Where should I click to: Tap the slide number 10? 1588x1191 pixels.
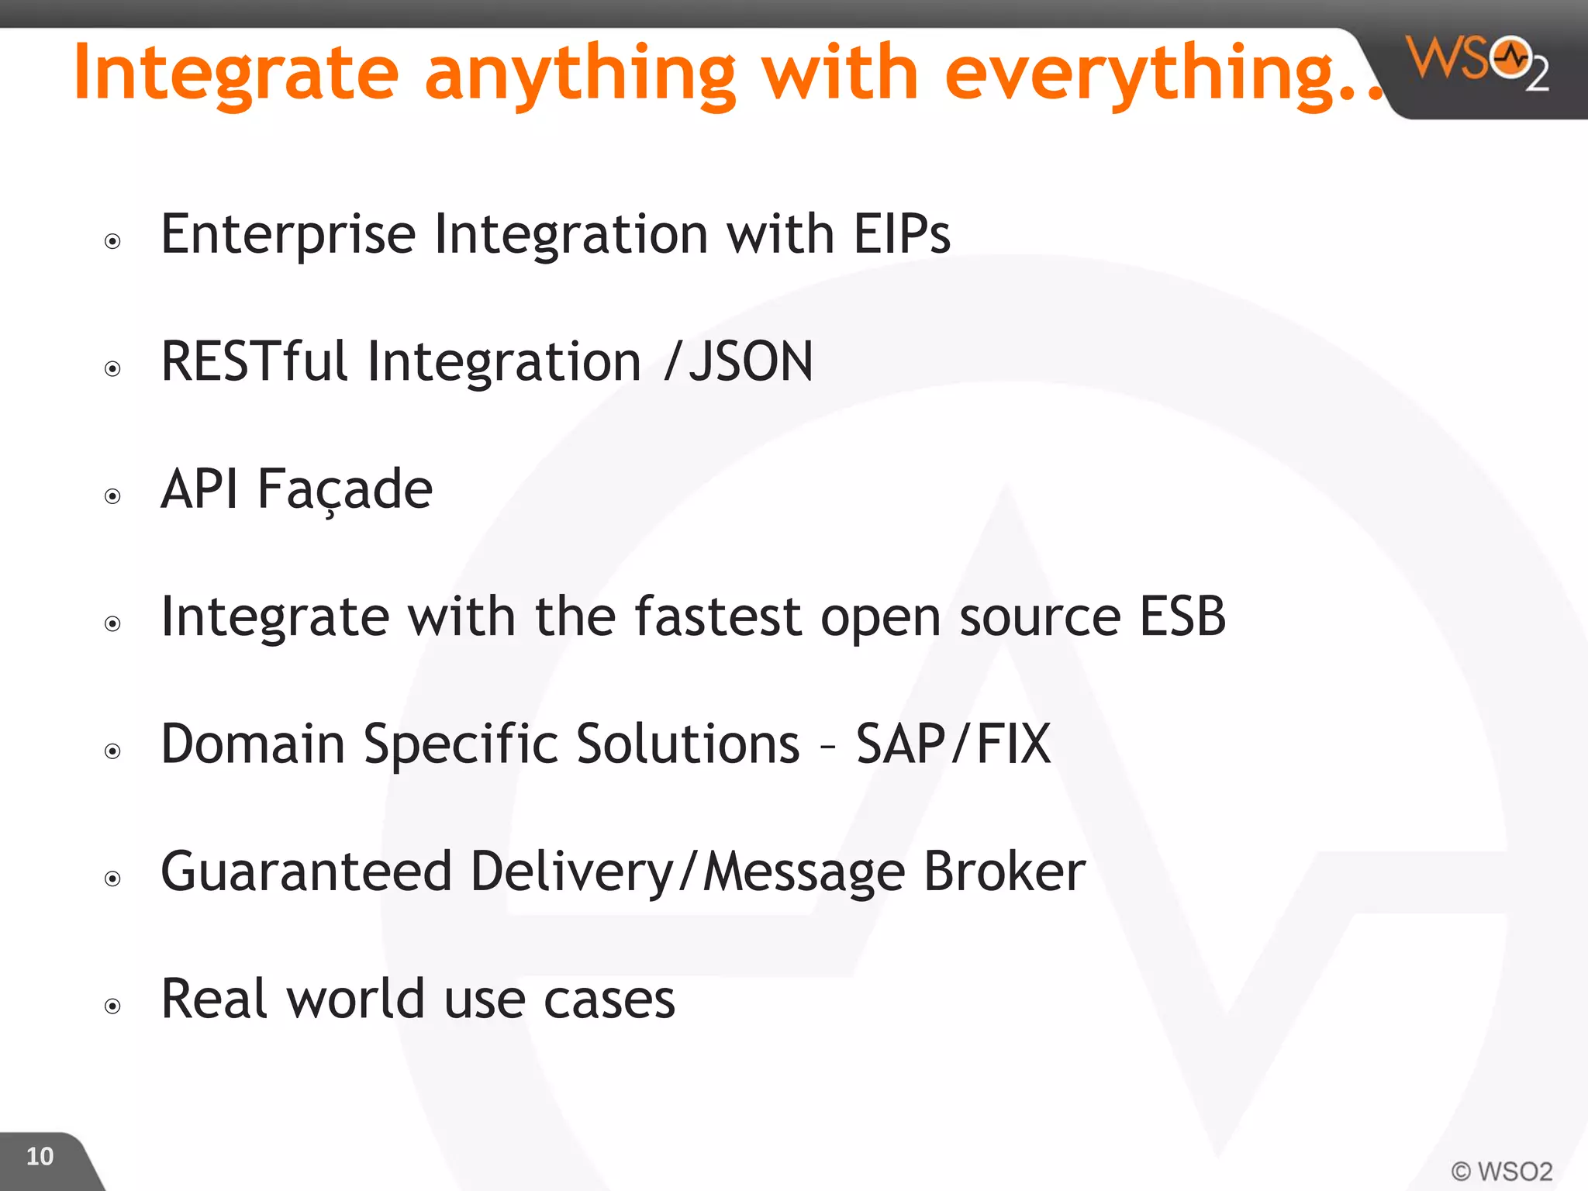(40, 1156)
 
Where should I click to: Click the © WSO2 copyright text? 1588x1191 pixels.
(1501, 1170)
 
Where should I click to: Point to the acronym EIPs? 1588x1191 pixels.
(901, 233)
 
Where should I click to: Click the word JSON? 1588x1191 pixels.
(751, 361)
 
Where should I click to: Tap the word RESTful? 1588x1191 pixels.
(254, 361)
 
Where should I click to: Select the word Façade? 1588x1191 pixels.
(344, 490)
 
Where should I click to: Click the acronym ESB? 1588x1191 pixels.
(1182, 616)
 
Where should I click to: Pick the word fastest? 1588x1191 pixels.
(717, 616)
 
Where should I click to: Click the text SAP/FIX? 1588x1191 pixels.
(953, 744)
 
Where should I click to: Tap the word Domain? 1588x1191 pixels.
(253, 744)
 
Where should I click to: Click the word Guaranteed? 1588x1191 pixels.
(306, 871)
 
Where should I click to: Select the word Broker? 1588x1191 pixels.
(1004, 871)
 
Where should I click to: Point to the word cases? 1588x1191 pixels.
(609, 999)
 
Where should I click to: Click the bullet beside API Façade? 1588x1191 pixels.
(113, 496)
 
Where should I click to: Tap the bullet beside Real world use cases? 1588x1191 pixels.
(113, 1006)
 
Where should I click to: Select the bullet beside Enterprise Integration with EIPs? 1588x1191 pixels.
(113, 241)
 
